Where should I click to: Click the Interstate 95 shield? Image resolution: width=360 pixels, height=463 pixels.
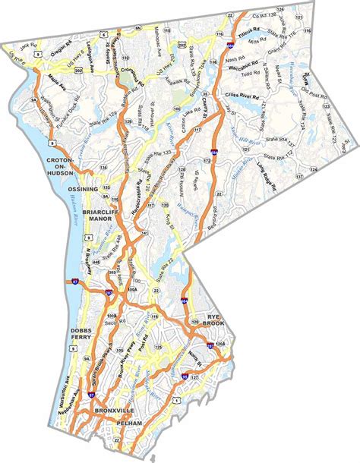coord(185,374)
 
